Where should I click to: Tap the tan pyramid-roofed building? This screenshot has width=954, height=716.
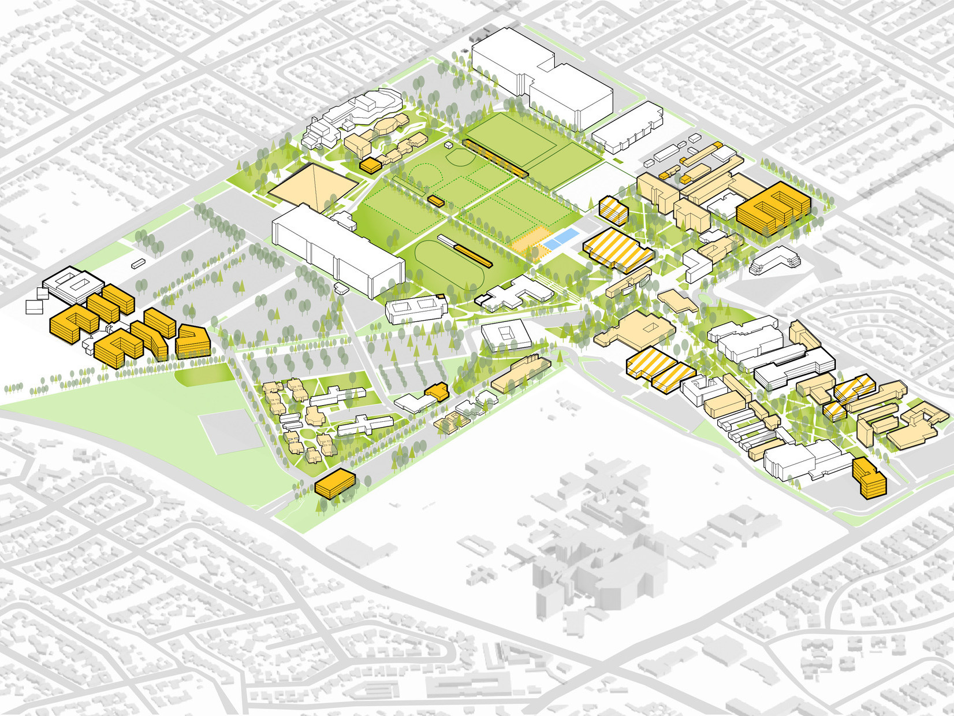pyautogui.click(x=312, y=185)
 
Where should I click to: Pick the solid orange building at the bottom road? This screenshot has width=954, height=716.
pyautogui.click(x=335, y=483)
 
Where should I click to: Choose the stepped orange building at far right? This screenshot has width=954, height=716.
pyautogui.click(x=869, y=477)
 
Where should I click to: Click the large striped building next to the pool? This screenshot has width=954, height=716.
pyautogui.click(x=618, y=248)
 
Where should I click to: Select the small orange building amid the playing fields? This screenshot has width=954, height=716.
pyautogui.click(x=436, y=201)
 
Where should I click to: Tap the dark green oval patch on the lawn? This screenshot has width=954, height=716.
pyautogui.click(x=204, y=376)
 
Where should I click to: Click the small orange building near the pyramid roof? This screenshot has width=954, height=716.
pyautogui.click(x=370, y=166)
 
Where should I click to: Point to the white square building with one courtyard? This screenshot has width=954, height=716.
pyautogui.click(x=506, y=335)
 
